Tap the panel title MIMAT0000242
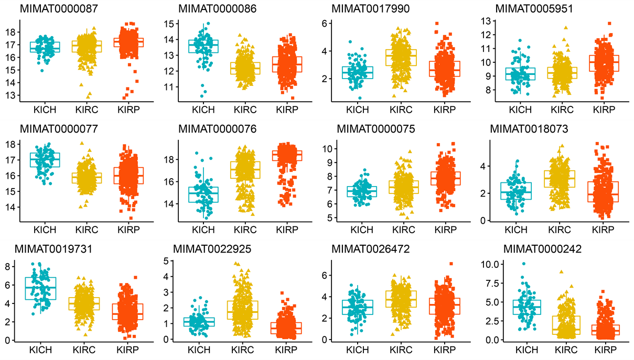point(539,249)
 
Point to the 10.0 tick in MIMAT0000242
point(492,264)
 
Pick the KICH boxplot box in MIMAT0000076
point(203,194)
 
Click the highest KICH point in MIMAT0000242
point(523,264)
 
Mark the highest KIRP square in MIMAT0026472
point(451,264)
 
